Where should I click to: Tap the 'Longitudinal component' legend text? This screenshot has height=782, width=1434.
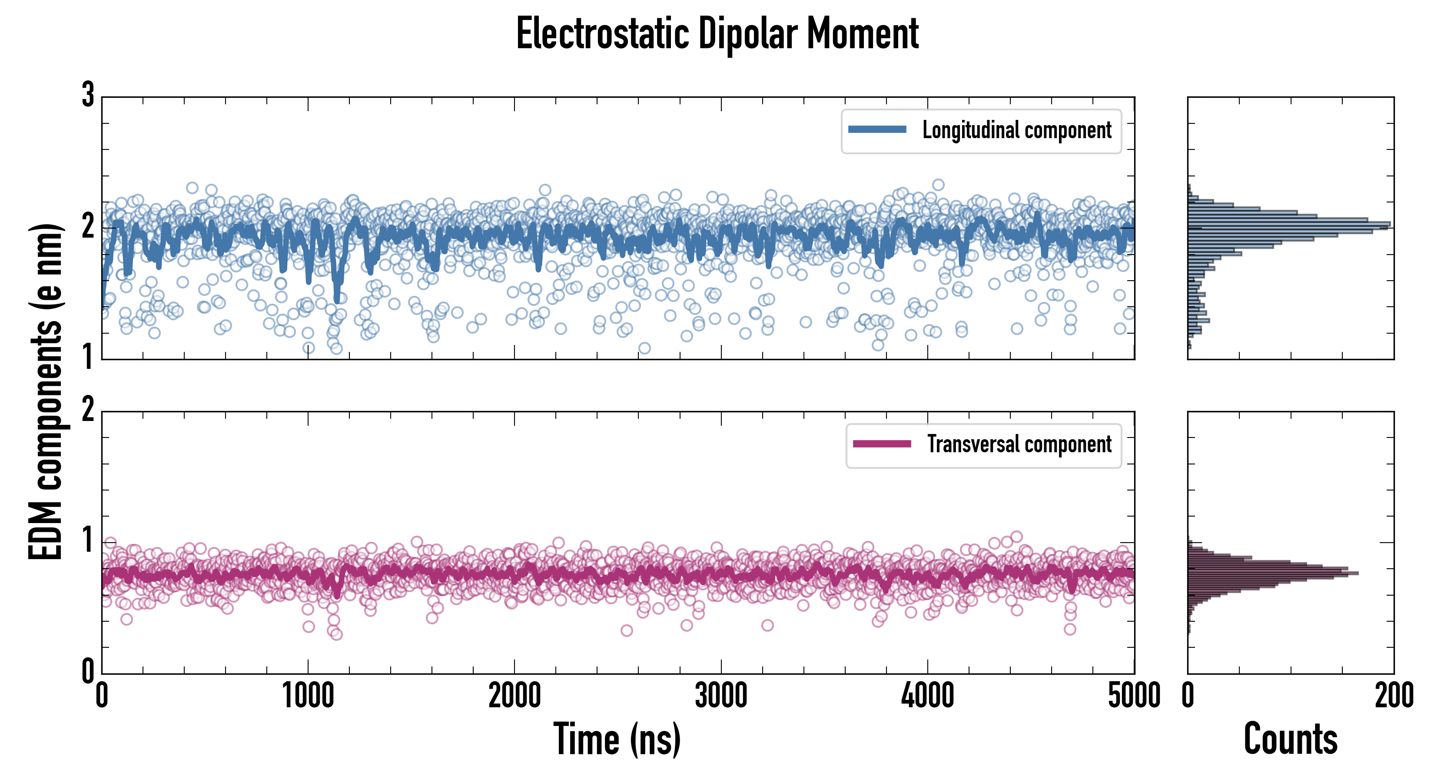(x=1016, y=130)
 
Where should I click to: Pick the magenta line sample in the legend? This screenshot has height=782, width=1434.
(x=882, y=444)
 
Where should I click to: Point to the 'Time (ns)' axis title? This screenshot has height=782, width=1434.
(x=617, y=739)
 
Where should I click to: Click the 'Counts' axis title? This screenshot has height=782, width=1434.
(x=1290, y=739)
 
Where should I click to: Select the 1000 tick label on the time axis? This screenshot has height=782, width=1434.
(x=308, y=696)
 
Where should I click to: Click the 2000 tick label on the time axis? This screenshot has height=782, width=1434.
(x=515, y=696)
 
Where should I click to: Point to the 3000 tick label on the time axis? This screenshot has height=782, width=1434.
(x=721, y=696)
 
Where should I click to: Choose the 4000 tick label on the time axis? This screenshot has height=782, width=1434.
(x=927, y=696)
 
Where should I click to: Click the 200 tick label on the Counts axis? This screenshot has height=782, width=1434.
(x=1394, y=696)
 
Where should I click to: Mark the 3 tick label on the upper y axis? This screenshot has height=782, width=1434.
(x=88, y=95)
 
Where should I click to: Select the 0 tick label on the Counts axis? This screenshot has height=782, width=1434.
(x=1188, y=696)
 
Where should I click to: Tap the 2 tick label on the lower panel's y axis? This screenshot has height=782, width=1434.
(x=88, y=410)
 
